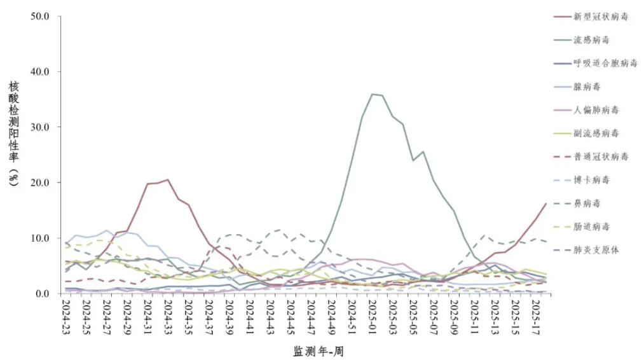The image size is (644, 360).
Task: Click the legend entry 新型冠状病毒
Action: (601, 17)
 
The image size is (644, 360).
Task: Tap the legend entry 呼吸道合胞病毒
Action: (605, 64)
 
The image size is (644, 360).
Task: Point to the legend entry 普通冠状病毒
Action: (601, 156)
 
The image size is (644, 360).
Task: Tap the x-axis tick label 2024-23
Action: (65, 318)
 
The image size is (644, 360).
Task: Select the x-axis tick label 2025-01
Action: (373, 318)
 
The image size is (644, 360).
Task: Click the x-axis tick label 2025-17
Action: (537, 318)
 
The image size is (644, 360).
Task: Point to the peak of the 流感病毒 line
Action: (373, 94)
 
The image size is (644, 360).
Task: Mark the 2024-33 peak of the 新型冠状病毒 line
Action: (168, 179)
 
